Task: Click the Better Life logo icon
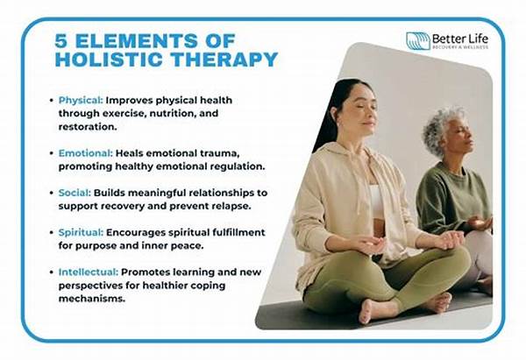[418, 41]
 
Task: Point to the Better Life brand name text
[464, 38]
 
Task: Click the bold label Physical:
[84, 100]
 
